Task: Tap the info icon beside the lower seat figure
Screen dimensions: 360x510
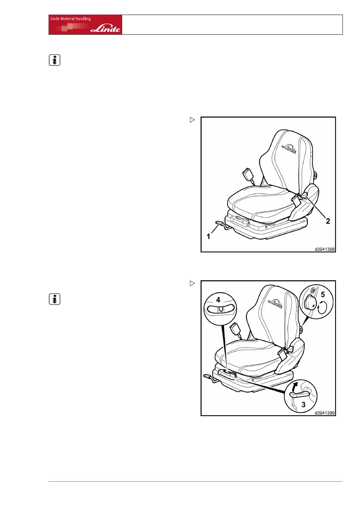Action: pyautogui.click(x=54, y=299)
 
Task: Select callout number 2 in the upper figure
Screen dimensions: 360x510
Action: pyautogui.click(x=328, y=222)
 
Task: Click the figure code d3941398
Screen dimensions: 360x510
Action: pyautogui.click(x=324, y=248)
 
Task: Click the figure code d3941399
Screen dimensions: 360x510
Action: pyautogui.click(x=324, y=413)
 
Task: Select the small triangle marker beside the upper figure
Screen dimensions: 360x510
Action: pyautogui.click(x=192, y=120)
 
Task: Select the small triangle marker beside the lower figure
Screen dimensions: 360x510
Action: pyautogui.click(x=192, y=283)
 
